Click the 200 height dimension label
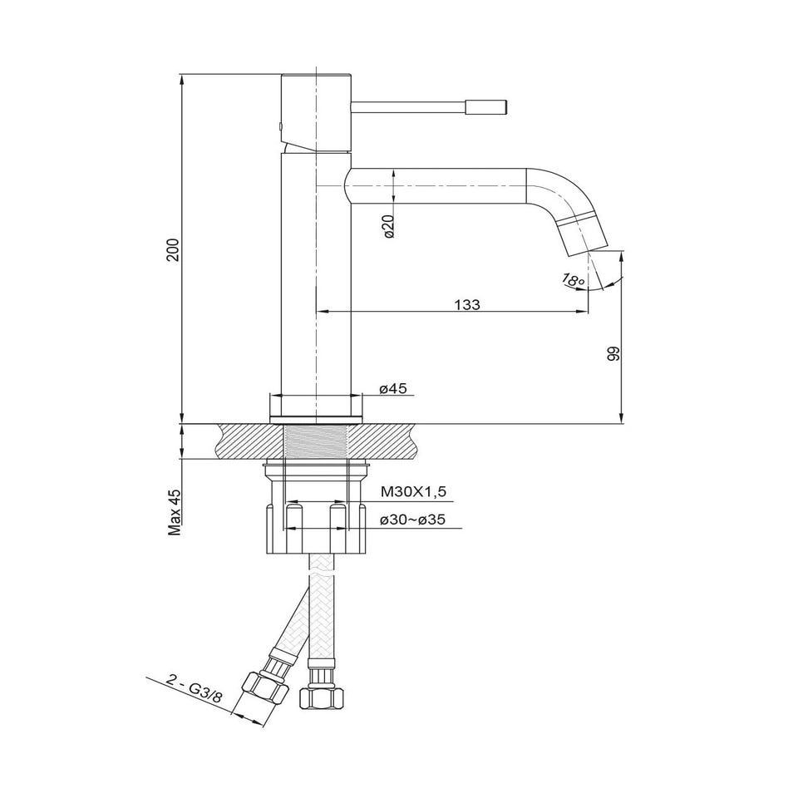[x=174, y=249]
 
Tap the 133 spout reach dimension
[x=466, y=304]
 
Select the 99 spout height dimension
[x=613, y=354]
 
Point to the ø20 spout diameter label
[x=389, y=226]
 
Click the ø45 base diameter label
[x=393, y=388]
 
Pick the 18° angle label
[x=573, y=279]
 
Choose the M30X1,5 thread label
[x=413, y=491]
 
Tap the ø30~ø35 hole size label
[x=413, y=520]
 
